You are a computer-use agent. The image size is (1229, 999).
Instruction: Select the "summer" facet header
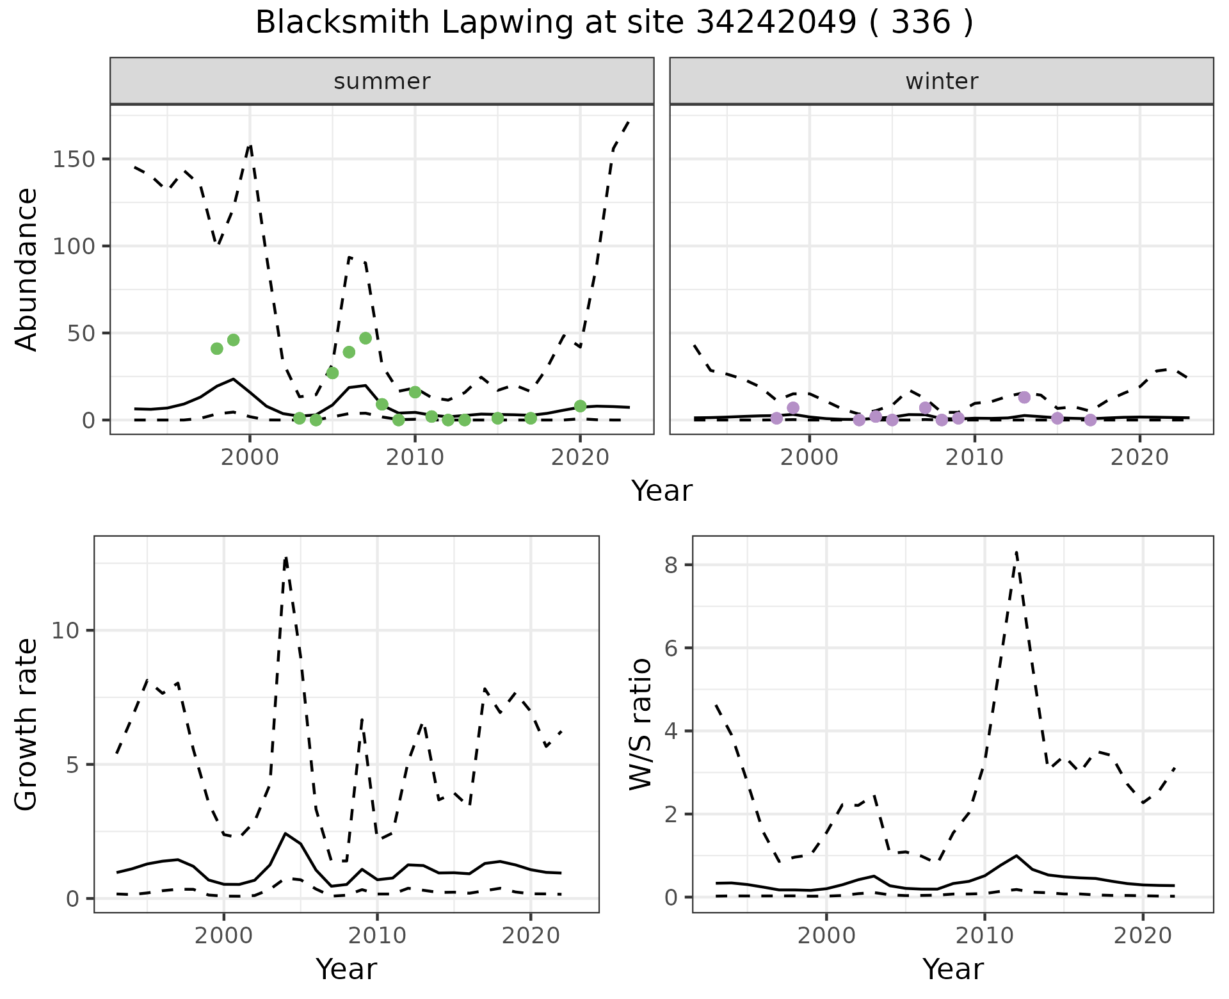pos(382,81)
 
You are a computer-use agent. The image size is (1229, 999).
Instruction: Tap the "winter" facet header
pos(941,81)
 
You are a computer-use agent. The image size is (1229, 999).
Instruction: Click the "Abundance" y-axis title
pos(27,270)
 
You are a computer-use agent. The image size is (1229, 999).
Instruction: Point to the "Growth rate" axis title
pos(27,724)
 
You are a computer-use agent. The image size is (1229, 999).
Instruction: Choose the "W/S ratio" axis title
pos(641,724)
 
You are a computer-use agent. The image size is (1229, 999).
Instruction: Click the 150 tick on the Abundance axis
pos(74,159)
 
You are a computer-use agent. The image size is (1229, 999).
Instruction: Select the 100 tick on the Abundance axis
pos(74,247)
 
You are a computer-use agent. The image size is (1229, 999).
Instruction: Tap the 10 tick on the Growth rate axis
pos(64,631)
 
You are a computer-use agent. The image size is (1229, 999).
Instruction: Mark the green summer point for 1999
pos(233,340)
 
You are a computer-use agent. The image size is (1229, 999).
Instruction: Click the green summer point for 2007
pos(365,338)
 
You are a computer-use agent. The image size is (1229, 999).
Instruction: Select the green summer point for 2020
pos(580,406)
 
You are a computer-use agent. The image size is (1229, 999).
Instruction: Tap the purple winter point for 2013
pos(1024,397)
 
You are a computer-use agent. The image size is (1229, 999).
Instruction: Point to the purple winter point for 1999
pos(793,408)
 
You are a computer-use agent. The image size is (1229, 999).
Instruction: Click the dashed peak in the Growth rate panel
pos(285,558)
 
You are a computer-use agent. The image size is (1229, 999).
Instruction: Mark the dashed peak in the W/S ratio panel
pos(1016,552)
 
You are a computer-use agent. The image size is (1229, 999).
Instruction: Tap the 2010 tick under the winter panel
pos(974,458)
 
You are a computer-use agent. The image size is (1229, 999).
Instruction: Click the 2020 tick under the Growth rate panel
pos(530,936)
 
